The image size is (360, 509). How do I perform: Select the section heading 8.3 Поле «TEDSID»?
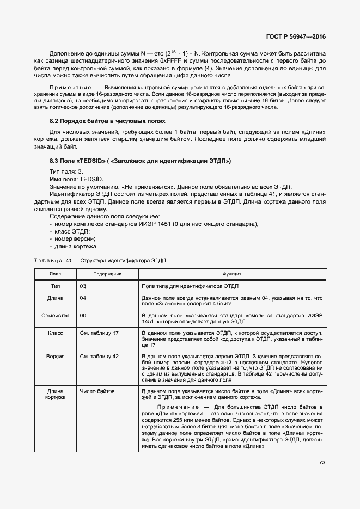coord(140,161)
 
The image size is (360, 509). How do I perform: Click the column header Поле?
coord(56,274)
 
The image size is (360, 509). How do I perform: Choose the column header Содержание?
coord(107,274)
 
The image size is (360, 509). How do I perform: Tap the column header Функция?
coord(231,274)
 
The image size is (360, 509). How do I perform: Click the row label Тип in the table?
coord(56,286)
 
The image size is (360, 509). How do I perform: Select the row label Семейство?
coord(56,315)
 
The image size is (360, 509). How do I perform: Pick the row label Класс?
coord(56,332)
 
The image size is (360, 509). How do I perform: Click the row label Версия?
coord(56,355)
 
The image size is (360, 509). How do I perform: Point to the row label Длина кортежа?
coord(56,394)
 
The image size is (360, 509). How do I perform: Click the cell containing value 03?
coord(83,286)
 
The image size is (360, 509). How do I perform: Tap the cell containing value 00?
coord(83,315)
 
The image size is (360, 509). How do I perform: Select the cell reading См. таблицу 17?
coord(99,332)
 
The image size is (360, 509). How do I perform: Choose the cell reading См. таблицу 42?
coord(99,355)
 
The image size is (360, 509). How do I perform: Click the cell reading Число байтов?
coord(98,391)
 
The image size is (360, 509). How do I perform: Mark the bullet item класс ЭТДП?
coord(72,231)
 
